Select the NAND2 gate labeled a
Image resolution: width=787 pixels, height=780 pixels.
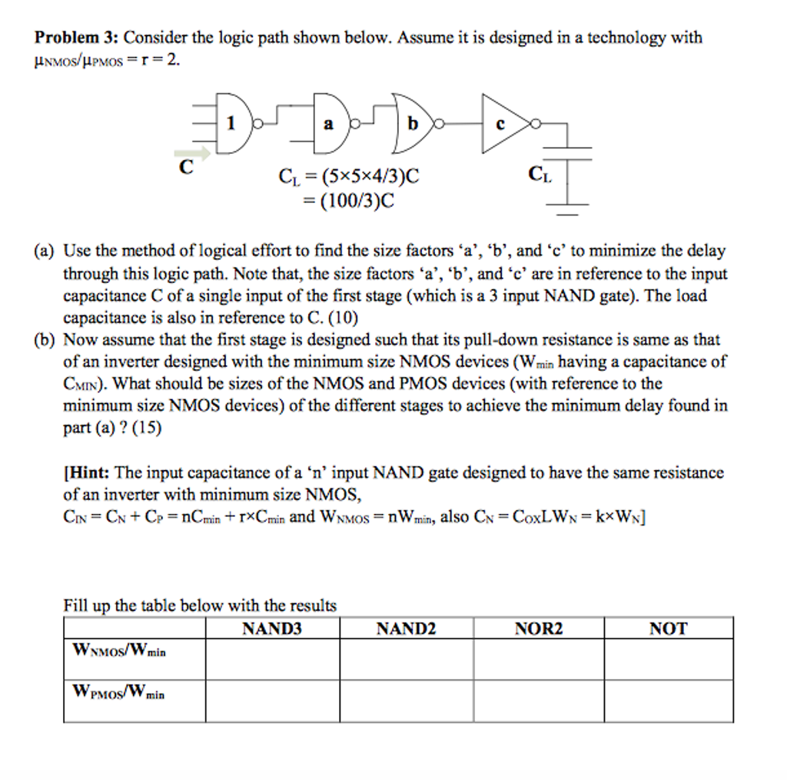point(329,123)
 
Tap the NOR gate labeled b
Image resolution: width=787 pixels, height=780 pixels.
point(413,123)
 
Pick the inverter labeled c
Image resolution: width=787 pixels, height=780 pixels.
point(501,123)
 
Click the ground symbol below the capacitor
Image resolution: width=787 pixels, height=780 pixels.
point(568,204)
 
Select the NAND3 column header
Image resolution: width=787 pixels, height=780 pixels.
point(272,628)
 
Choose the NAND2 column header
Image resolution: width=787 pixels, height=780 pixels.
point(406,628)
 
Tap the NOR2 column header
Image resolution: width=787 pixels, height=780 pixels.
point(538,628)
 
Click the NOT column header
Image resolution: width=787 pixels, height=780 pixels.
point(668,628)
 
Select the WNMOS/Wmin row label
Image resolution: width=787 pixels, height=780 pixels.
point(118,650)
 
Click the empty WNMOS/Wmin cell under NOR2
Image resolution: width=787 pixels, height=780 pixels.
point(538,659)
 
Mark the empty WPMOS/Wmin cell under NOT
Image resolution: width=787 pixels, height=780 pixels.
point(668,701)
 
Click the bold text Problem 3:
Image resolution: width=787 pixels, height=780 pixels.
point(76,37)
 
